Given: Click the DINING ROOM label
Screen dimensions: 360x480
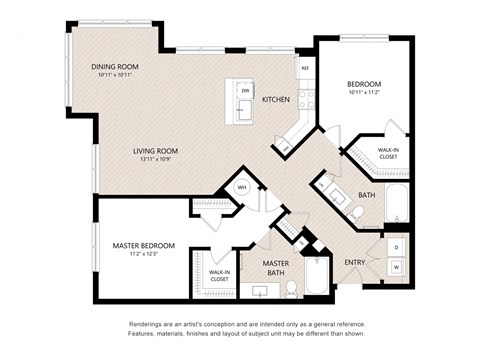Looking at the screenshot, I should pos(112,67).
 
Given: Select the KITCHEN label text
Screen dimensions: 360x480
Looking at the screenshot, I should pos(276,100).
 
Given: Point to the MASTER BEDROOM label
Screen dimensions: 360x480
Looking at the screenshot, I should pos(144,245).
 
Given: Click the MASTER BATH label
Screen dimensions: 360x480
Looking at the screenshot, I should pos(276,267).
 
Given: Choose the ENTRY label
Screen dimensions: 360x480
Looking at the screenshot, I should pos(355,262).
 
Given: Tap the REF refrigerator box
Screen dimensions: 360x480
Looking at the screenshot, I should pos(305,69).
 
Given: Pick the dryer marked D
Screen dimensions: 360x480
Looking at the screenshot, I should pos(396,246).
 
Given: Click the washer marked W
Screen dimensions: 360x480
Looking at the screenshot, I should pos(396,267).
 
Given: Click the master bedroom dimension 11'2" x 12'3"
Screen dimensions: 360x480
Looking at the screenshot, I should pos(144,254).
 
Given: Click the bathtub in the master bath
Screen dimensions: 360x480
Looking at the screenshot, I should pos(319,277).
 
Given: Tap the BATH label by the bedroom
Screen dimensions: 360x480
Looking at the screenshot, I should pos(366,195).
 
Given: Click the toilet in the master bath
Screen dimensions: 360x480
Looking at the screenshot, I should pos(291,289).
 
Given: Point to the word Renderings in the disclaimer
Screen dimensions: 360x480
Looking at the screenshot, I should pos(148,325).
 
